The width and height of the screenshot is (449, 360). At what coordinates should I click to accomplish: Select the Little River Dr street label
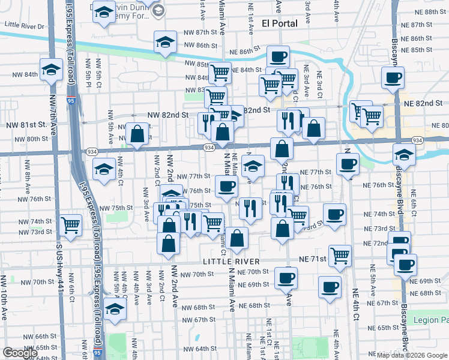pyautogui.click(x=25, y=26)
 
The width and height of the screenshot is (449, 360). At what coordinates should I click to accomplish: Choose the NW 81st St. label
pyautogui.click(x=26, y=125)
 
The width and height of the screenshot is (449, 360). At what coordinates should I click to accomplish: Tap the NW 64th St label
pyautogui.click(x=197, y=349)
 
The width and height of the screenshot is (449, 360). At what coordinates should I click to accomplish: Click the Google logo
pyautogui.click(x=20, y=353)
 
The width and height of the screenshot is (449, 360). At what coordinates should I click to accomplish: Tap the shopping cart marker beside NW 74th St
pyautogui.click(x=71, y=225)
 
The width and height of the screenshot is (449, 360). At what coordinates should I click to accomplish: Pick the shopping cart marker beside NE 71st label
pyautogui.click(x=340, y=256)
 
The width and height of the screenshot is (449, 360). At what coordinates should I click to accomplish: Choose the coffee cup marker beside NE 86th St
pyautogui.click(x=278, y=56)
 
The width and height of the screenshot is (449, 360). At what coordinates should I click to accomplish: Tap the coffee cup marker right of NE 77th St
pyautogui.click(x=347, y=164)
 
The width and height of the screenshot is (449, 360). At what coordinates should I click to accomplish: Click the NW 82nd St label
pyautogui.click(x=169, y=114)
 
